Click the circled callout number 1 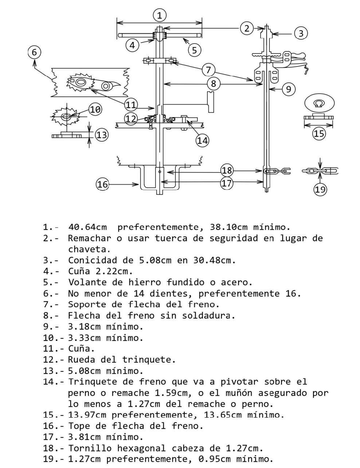160,15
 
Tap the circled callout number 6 34,52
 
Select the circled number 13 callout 102,135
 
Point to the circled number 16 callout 102,184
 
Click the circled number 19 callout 320,189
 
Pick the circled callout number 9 288,89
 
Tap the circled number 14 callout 203,140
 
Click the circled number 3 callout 301,33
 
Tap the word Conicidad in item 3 92,260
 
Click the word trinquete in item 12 149,359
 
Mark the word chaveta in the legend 89,249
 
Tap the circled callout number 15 319,134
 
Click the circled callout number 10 95,109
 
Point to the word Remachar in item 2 90,238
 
